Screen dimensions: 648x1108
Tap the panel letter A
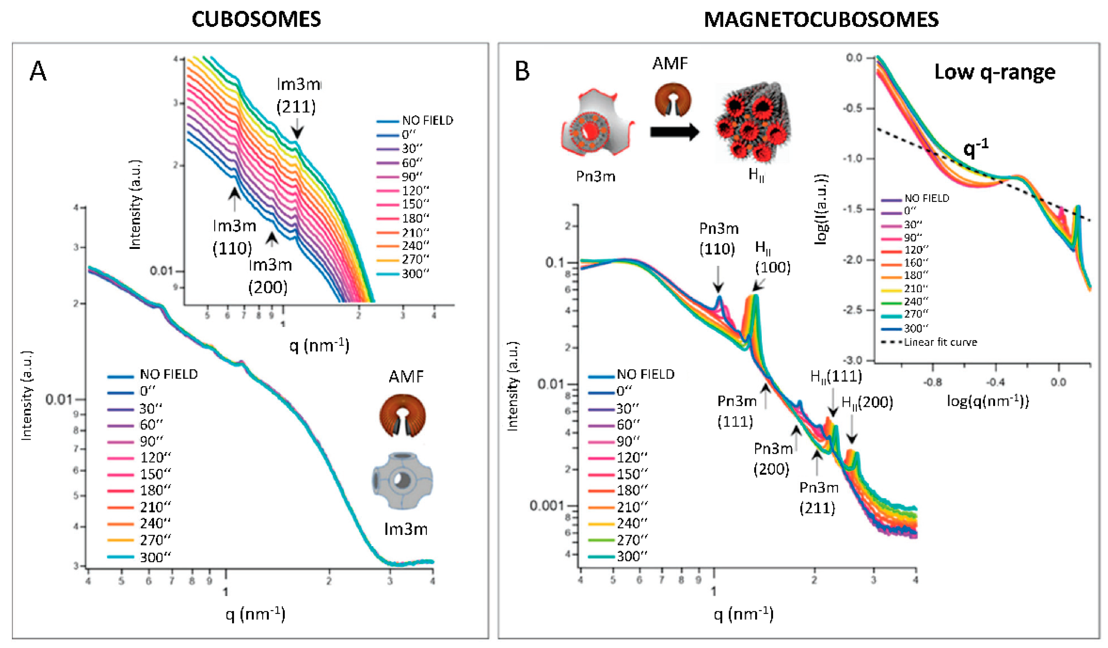38,71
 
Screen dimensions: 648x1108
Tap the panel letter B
522,71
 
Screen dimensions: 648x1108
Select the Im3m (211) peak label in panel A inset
297,96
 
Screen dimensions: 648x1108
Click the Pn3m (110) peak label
718,239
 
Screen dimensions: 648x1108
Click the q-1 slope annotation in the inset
976,148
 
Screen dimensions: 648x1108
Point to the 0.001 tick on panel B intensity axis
546,506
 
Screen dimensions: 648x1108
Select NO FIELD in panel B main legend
645,374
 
